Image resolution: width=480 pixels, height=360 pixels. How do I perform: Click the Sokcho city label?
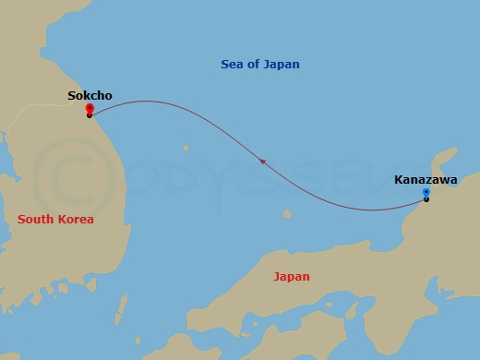[90, 94]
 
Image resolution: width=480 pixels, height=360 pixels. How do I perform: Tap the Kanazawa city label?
[425, 179]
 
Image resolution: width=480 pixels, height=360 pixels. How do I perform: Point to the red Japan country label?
[291, 276]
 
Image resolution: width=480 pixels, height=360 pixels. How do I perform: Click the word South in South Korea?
[38, 219]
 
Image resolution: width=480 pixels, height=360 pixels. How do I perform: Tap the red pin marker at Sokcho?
[89, 108]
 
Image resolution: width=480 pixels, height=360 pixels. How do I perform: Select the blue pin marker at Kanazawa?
[426, 192]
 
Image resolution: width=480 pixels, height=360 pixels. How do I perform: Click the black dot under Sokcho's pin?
[89, 115]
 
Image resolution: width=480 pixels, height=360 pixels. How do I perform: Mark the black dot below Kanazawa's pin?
[426, 199]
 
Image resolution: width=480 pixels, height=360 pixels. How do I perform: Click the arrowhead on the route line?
[263, 162]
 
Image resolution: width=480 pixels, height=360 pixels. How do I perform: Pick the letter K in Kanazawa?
[398, 179]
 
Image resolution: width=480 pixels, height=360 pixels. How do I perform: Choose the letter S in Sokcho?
[71, 94]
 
